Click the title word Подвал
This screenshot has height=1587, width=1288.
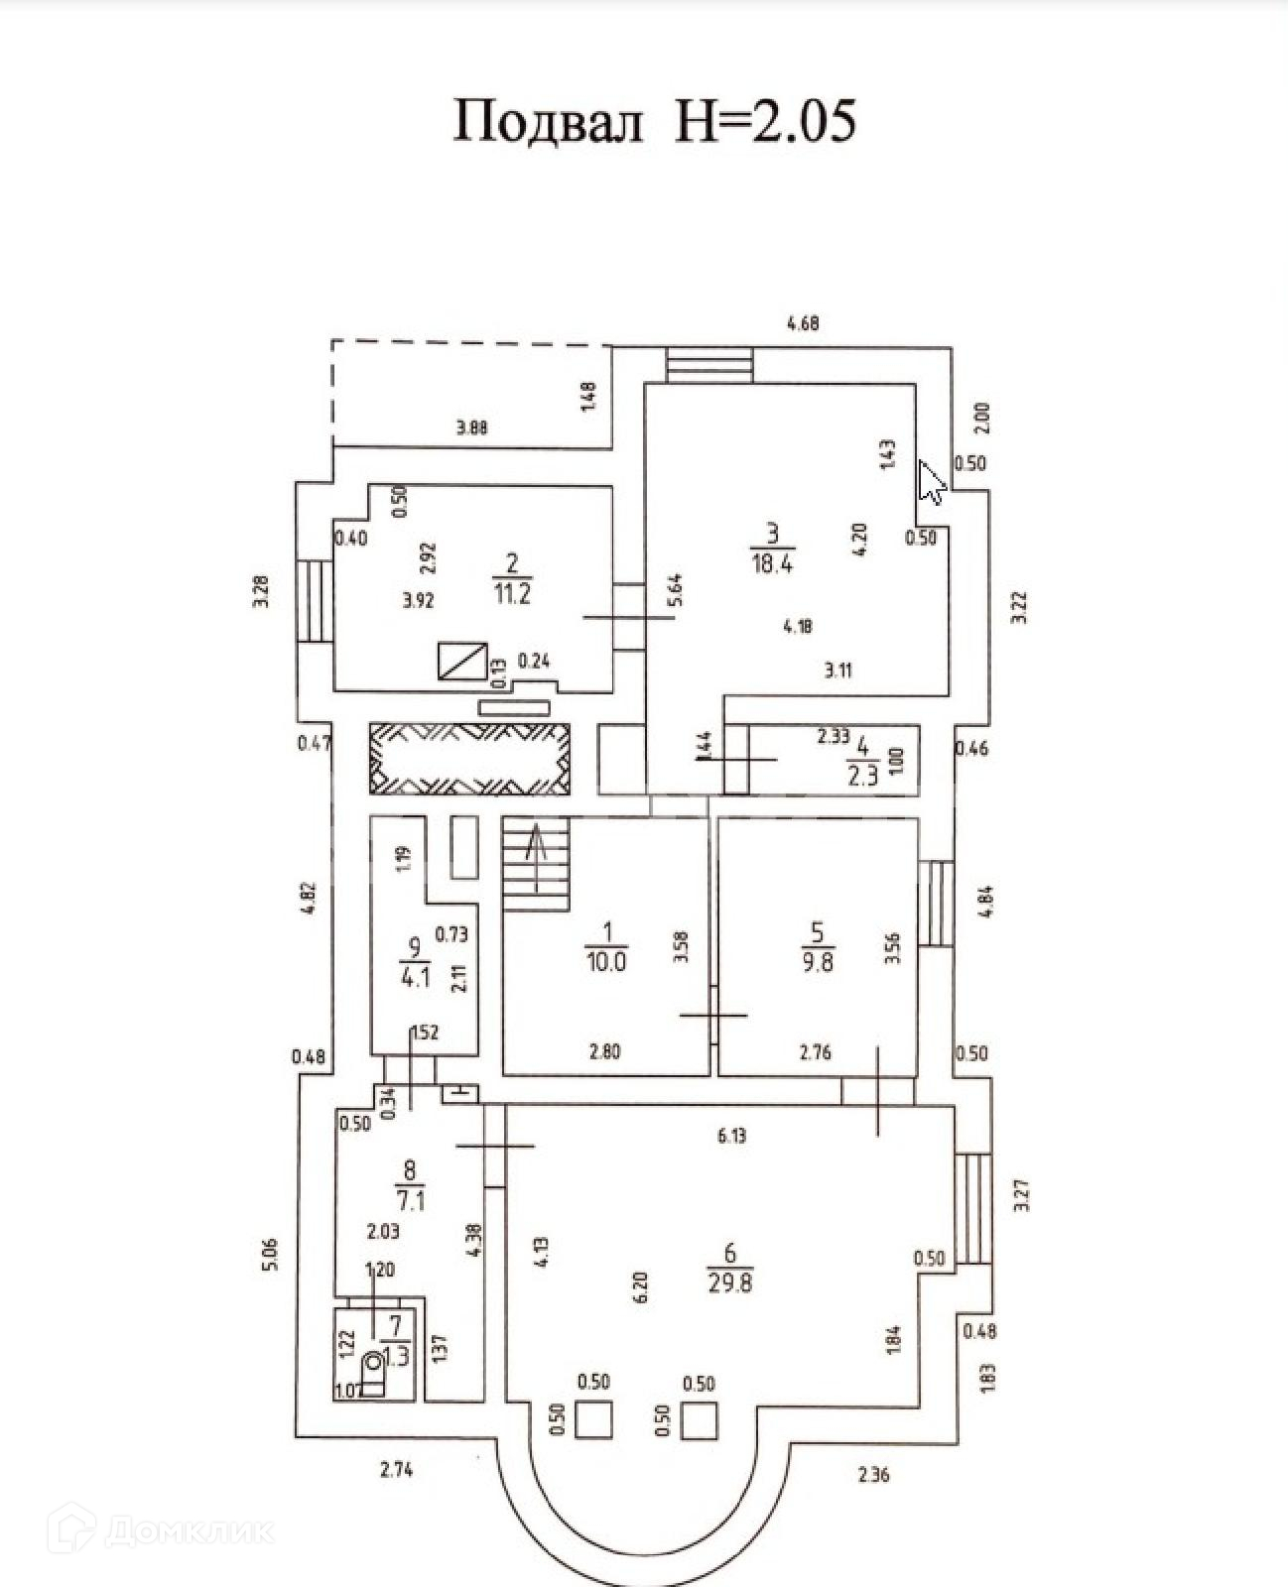coord(548,122)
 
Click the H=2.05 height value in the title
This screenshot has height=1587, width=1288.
coord(764,122)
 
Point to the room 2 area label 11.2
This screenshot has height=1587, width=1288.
coord(512,593)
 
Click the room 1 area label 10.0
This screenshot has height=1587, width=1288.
coord(606,961)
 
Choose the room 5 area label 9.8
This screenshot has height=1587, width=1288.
coord(817,961)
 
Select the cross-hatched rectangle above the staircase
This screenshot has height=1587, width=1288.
coord(470,758)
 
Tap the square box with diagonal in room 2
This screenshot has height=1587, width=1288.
coord(463,661)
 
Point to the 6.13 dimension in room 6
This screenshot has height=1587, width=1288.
coord(731,1137)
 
